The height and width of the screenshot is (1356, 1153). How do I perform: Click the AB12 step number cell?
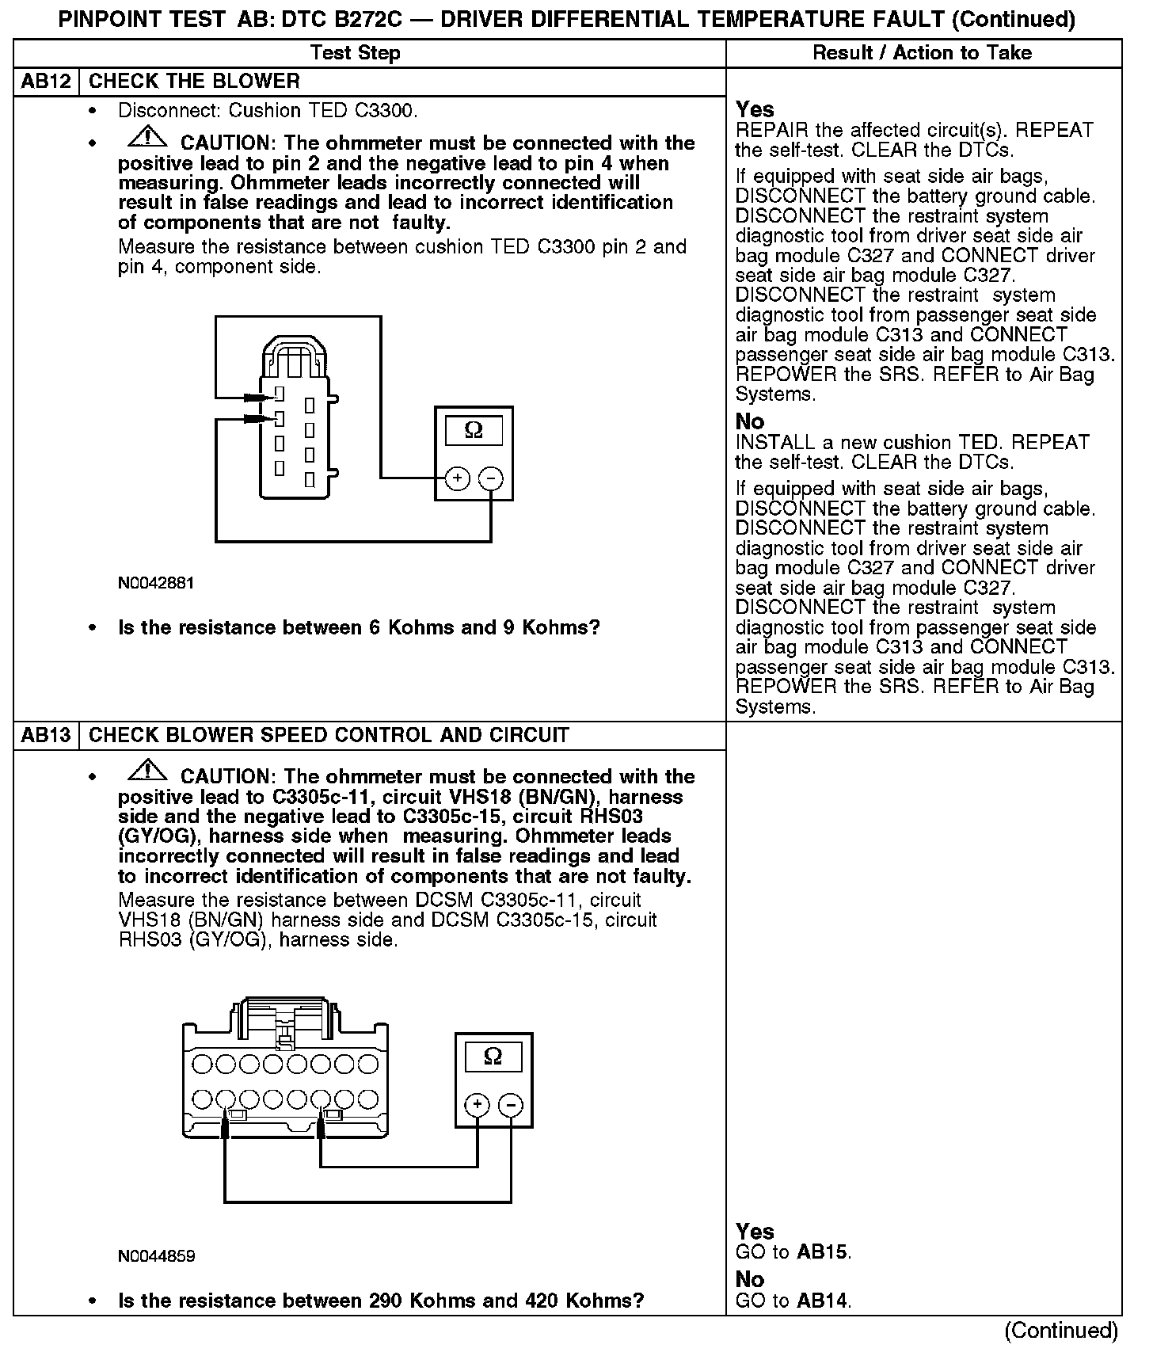[x=47, y=82]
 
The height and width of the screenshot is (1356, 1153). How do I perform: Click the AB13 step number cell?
[x=47, y=735]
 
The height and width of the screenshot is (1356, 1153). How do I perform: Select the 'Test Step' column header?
[x=356, y=53]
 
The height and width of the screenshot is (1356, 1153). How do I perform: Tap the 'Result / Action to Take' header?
[x=923, y=53]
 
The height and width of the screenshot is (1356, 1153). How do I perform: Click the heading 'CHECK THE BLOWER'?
[x=194, y=82]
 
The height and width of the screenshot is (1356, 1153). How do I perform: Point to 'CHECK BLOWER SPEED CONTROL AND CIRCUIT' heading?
[x=329, y=735]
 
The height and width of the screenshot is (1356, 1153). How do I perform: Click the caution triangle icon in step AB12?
[x=147, y=138]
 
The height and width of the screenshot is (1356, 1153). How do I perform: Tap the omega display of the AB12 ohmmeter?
[x=474, y=430]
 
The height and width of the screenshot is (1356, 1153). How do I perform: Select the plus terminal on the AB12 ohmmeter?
[x=458, y=478]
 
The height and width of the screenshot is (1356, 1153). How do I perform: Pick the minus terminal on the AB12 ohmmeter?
[x=491, y=478]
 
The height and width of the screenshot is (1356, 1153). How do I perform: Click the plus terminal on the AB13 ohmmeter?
[x=477, y=1105]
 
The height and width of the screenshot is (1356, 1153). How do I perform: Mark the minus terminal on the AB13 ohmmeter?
[x=511, y=1105]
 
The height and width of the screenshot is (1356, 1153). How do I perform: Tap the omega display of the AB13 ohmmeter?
[x=493, y=1057]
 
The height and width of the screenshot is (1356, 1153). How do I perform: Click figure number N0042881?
[x=156, y=583]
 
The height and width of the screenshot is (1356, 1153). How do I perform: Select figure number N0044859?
[x=156, y=1256]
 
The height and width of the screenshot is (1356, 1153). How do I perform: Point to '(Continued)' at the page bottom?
[x=1061, y=1331]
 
